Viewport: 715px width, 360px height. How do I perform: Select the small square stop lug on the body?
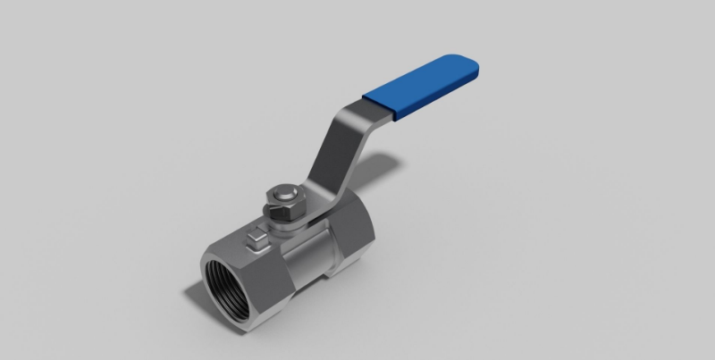pyautogui.click(x=256, y=239)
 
